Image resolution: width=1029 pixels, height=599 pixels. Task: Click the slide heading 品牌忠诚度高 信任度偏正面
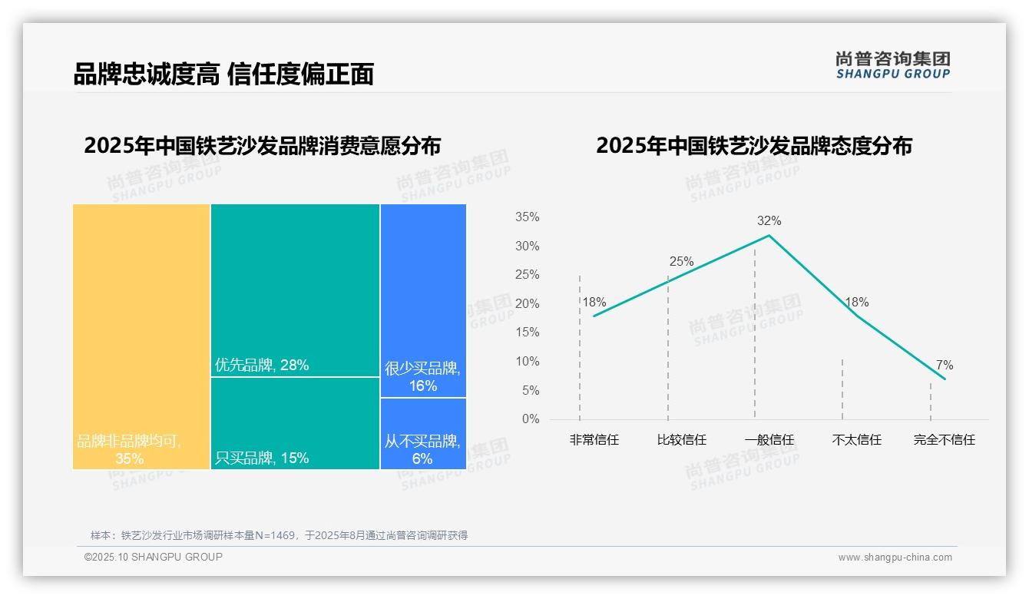pyautogui.click(x=223, y=74)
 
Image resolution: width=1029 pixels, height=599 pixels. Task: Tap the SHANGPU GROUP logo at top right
pyautogui.click(x=892, y=65)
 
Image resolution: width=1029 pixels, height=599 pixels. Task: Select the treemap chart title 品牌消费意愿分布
pyautogui.click(x=263, y=145)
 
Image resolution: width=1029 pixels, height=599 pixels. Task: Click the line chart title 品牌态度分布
pyautogui.click(x=753, y=145)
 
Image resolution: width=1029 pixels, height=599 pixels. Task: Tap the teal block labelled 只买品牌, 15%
pyautogui.click(x=295, y=423)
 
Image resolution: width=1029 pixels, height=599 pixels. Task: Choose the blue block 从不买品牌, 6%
pyautogui.click(x=423, y=434)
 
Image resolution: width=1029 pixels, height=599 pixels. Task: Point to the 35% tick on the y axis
pyautogui.click(x=527, y=217)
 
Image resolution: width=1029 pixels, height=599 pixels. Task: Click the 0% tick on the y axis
pyautogui.click(x=531, y=419)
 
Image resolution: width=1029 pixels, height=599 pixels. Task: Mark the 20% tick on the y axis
pyautogui.click(x=527, y=304)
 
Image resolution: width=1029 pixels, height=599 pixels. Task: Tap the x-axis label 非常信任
pyautogui.click(x=594, y=440)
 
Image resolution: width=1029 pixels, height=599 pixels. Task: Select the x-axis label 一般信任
pyautogui.click(x=769, y=440)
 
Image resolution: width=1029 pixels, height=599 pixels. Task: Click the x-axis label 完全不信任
pyautogui.click(x=944, y=440)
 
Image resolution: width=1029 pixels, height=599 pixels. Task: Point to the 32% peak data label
pyautogui.click(x=769, y=221)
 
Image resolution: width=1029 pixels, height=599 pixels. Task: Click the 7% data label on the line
pyautogui.click(x=944, y=366)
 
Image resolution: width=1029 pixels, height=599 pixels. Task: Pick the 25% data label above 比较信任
pyautogui.click(x=681, y=262)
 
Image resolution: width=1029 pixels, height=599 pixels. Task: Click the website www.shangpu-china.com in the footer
pyautogui.click(x=895, y=558)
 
